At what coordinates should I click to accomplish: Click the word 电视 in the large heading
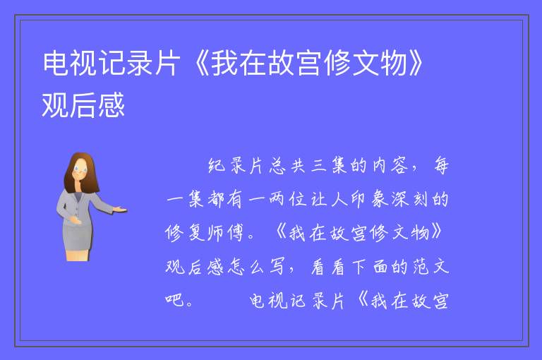[x=71, y=64]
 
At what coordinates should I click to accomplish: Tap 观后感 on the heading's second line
[x=83, y=105]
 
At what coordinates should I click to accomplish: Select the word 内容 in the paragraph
[x=388, y=166]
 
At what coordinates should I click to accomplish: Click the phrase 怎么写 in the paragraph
[x=256, y=267]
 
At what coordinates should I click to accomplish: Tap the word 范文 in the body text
[x=431, y=267]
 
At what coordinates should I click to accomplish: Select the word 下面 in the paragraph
[x=370, y=267]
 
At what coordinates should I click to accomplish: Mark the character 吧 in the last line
[x=174, y=300]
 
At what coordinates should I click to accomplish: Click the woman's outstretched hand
[x=120, y=209]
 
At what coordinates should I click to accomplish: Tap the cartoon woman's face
[x=80, y=170]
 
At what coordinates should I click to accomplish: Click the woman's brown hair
[x=82, y=172]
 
